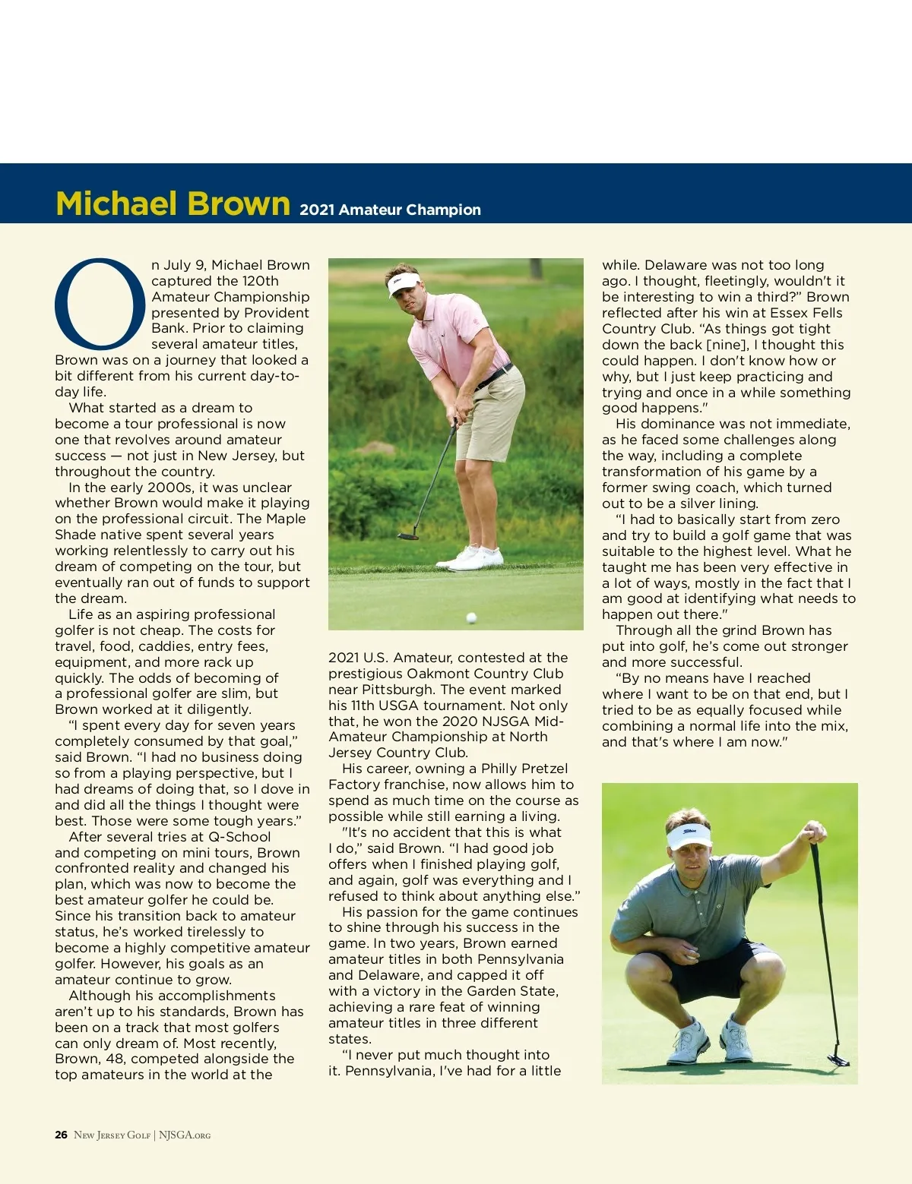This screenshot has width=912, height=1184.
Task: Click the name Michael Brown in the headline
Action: tap(173, 204)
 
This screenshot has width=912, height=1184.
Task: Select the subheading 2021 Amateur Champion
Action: tap(390, 210)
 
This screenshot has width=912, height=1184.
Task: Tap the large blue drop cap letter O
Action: tap(100, 302)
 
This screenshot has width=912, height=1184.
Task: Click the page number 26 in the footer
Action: tap(61, 1135)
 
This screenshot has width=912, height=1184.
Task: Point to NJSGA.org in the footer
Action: tap(185, 1135)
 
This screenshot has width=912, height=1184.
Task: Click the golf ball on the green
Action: tap(471, 617)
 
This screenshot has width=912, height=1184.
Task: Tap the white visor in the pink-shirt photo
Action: tap(404, 284)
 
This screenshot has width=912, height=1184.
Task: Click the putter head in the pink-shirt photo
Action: tap(408, 535)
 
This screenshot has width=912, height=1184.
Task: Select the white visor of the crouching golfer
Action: tap(688, 836)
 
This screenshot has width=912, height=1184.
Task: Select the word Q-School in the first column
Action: tap(239, 837)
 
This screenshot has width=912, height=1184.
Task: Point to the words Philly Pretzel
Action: tap(524, 769)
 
